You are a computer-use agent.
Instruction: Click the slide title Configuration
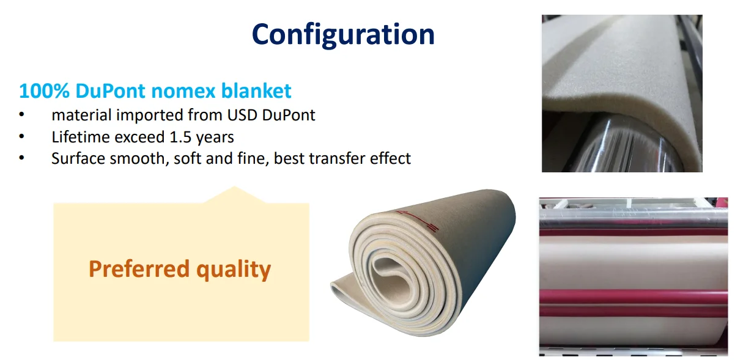pos(343,35)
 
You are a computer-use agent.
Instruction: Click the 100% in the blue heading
pos(44,91)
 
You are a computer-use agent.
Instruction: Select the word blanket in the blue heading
pos(256,91)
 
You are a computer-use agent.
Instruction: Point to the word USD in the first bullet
pos(242,115)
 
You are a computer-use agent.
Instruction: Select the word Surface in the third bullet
pos(78,158)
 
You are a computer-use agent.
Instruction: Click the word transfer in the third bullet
pos(337,158)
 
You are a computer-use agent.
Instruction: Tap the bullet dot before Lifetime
pos(21,136)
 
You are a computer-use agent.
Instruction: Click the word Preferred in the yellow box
pos(139,269)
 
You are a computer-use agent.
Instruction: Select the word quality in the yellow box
pos(234,270)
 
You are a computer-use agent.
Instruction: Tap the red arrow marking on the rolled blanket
pos(417,221)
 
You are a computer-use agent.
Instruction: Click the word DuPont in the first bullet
pos(289,115)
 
